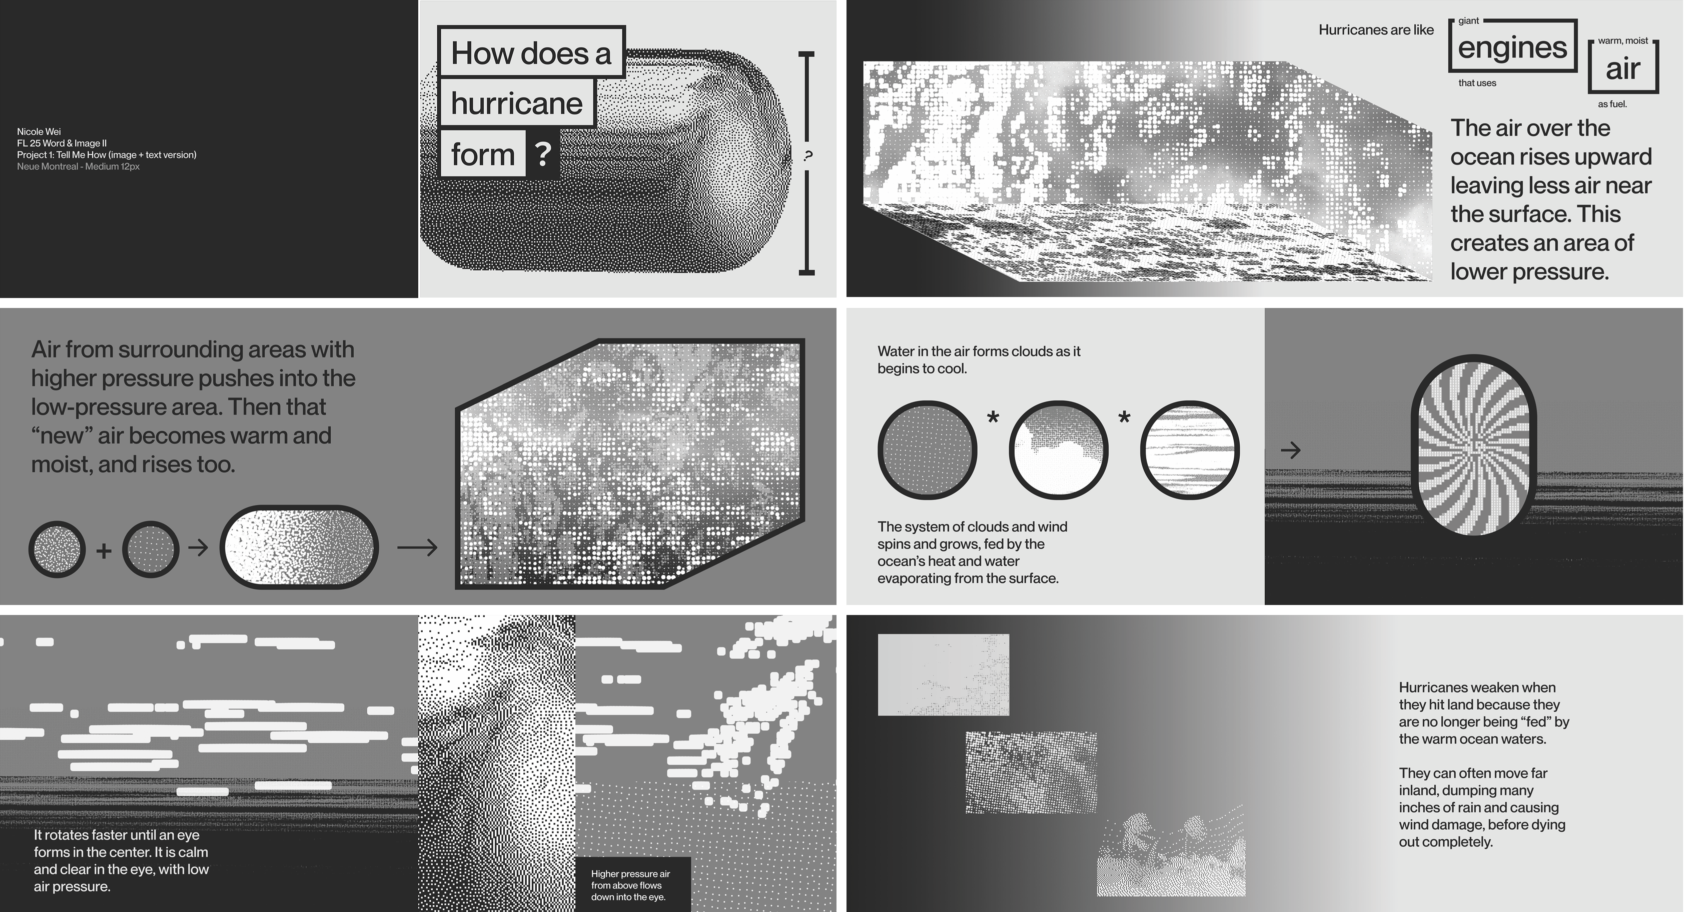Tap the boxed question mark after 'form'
click(543, 154)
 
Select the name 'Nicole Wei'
click(39, 131)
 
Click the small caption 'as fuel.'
click(1612, 104)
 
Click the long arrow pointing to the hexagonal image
click(417, 547)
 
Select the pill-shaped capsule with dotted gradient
click(300, 546)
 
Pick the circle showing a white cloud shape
click(1058, 450)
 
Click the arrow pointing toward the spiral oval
click(1291, 450)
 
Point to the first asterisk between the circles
click(993, 416)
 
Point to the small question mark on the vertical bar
click(807, 155)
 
